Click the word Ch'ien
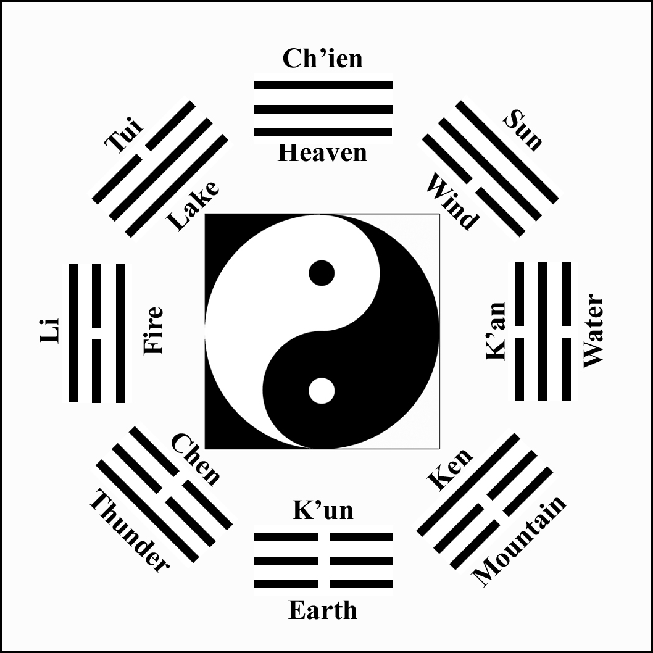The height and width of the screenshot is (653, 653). coord(322,59)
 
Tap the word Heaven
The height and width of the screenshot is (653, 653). coord(322,152)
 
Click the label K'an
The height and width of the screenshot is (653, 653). coord(496,331)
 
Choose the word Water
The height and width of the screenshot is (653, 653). coord(593,331)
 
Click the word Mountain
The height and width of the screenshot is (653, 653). coord(519,541)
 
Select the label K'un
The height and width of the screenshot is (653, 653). coord(322,510)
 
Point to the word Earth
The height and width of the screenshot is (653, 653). coord(322,610)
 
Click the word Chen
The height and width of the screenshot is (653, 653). coord(195,459)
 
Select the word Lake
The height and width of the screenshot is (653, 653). coord(193,206)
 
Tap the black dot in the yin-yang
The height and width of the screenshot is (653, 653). coord(322,273)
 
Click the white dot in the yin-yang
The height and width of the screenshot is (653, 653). coord(322,391)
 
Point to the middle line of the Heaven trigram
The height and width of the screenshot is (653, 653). coord(323,109)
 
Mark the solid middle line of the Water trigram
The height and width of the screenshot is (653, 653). coord(543,331)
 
